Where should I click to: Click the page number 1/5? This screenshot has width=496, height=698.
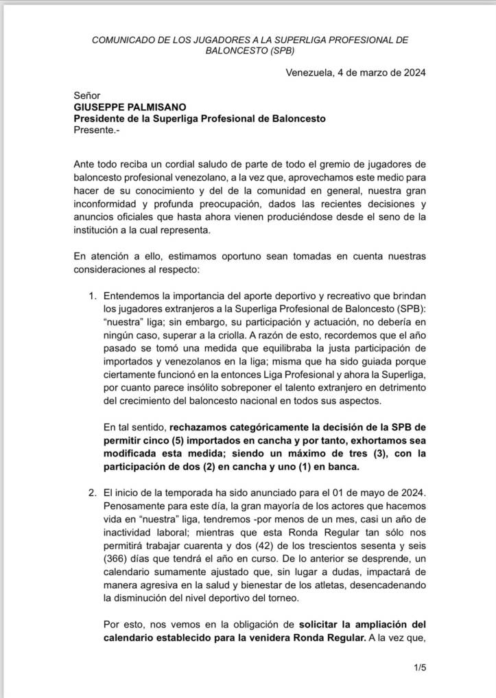419,666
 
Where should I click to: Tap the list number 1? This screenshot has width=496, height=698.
93,296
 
